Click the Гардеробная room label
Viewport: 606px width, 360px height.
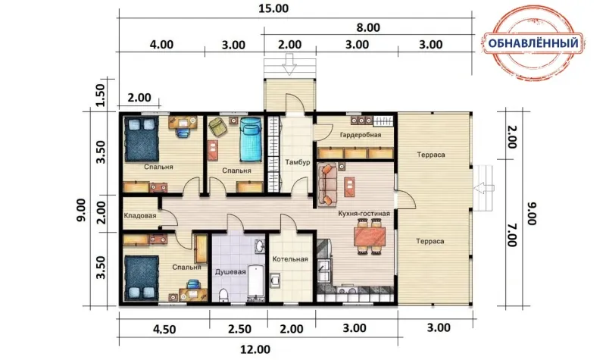361,135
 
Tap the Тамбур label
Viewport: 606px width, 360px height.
298,162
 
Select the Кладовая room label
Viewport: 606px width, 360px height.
140,215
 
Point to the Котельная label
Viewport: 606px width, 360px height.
290,258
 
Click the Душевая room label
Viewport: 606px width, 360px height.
230,272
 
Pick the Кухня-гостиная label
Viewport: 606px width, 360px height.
364,214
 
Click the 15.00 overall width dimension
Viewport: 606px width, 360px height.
273,8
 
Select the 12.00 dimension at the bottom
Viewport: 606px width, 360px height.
255,349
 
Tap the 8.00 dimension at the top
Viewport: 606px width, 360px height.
368,27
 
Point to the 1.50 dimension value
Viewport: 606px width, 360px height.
101,95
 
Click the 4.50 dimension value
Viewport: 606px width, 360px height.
164,330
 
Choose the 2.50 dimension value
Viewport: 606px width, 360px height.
239,329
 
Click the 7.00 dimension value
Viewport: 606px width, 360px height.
512,234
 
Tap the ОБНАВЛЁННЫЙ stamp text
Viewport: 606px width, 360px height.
533,43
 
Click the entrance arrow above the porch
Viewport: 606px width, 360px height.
289,64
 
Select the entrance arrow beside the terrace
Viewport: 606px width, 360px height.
484,188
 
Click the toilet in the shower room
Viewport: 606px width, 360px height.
223,295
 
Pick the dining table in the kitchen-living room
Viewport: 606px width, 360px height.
370,236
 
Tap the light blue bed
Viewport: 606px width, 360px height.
251,139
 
